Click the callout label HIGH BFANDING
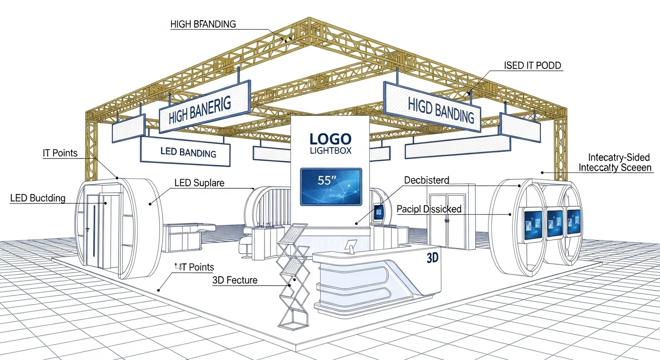pyautogui.click(x=202, y=24)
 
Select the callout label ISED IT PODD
pyautogui.click(x=532, y=66)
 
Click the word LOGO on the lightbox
pyautogui.click(x=330, y=139)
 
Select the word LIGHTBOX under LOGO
pyautogui.click(x=330, y=150)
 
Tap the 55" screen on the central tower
pyautogui.click(x=331, y=187)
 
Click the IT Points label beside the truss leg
pyautogui.click(x=60, y=153)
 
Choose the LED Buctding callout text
pyautogui.click(x=38, y=198)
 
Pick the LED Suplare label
pyautogui.click(x=199, y=182)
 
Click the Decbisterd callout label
pyautogui.click(x=426, y=180)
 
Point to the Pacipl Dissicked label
pyautogui.click(x=429, y=209)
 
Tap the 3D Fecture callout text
pyautogui.click(x=235, y=280)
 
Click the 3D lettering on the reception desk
pyautogui.click(x=432, y=258)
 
